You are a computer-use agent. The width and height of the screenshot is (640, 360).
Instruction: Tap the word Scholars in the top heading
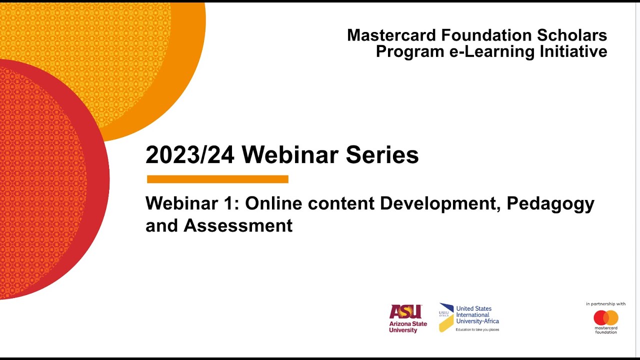(572, 35)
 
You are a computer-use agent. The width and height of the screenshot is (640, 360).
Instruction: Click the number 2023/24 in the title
(190, 155)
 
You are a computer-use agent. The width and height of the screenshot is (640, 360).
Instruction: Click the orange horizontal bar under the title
(217, 179)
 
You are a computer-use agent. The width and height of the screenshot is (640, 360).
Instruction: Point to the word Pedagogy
(550, 204)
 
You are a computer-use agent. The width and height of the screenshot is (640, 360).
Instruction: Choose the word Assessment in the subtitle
(238, 225)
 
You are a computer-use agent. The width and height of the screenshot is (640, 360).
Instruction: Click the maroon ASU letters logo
(405, 312)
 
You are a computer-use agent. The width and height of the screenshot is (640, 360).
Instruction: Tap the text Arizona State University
(408, 327)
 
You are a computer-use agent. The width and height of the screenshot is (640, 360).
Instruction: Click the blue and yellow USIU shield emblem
(446, 317)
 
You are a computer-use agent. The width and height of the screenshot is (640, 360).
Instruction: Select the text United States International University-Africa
(477, 315)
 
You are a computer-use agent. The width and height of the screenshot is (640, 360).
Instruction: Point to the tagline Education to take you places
(477, 330)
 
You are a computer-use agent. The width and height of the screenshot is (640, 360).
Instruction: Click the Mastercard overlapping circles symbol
(606, 317)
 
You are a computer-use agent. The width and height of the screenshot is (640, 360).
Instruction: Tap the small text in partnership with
(606, 304)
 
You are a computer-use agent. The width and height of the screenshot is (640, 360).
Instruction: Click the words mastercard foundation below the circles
(606, 330)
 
